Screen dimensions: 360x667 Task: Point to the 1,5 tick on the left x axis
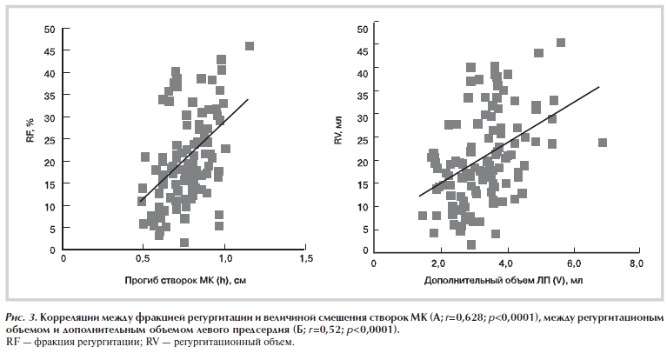coord(306,258)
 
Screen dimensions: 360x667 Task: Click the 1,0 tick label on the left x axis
coord(225,258)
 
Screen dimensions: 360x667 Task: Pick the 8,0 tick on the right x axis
coord(637,262)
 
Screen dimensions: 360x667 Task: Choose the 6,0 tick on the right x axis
coord(571,262)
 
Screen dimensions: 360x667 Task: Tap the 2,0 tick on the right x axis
coord(439,262)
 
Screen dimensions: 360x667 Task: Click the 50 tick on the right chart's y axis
coord(364,29)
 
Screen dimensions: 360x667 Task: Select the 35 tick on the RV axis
coord(364,95)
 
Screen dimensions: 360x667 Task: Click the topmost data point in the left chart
coord(250,46)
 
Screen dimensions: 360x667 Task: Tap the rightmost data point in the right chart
coord(603,143)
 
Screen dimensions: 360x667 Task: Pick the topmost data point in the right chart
coord(561,43)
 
